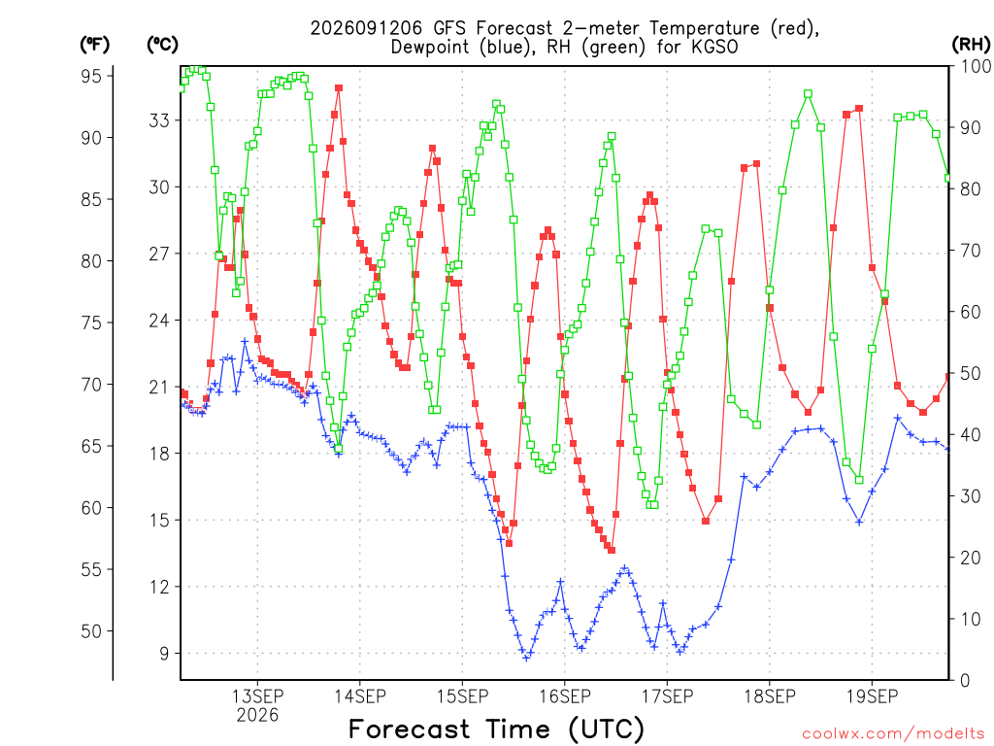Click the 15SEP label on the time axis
(x=462, y=695)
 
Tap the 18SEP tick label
(x=769, y=695)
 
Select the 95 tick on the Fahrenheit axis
(x=91, y=76)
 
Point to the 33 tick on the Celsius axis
(x=159, y=120)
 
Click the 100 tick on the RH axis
(x=976, y=66)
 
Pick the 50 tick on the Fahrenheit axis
(x=91, y=631)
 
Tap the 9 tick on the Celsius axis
(x=164, y=654)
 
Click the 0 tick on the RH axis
(x=965, y=681)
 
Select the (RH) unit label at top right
(x=971, y=44)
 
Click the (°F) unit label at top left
(x=94, y=45)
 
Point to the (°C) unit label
(x=162, y=45)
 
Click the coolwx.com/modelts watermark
(x=893, y=734)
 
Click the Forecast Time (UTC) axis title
(x=496, y=729)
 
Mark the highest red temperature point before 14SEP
(x=339, y=88)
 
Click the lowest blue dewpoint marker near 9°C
(x=526, y=658)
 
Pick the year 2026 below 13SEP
(x=257, y=716)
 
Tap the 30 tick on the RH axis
(x=970, y=496)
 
